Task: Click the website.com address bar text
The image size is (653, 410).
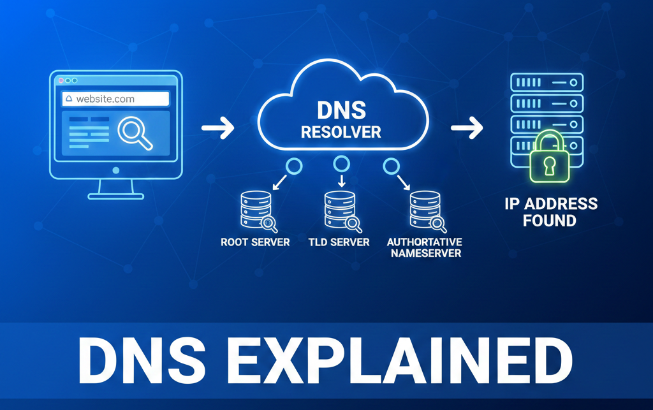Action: click(105, 99)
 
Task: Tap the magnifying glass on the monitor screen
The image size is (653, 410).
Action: click(133, 131)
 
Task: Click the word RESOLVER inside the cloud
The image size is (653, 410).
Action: click(341, 133)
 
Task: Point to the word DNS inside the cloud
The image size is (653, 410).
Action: click(341, 111)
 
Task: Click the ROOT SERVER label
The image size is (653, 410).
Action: click(255, 242)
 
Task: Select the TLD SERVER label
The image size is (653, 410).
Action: click(339, 242)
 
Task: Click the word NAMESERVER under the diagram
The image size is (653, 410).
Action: click(424, 253)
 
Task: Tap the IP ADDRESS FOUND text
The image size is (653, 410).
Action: click(551, 213)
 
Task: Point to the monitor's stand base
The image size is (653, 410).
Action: click(115, 193)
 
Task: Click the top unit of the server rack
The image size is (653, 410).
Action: click(547, 83)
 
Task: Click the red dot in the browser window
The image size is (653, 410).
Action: click(61, 81)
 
